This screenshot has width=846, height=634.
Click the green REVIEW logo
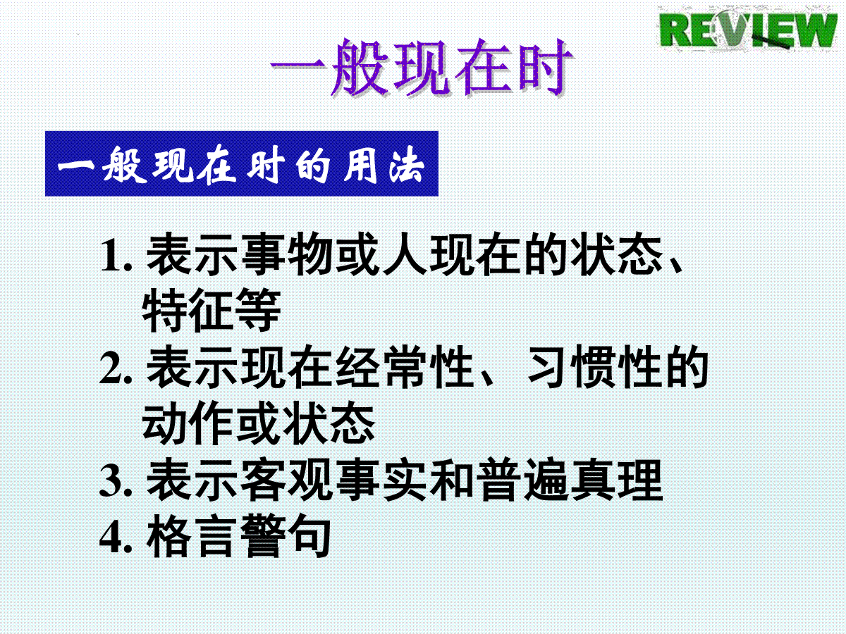(x=748, y=30)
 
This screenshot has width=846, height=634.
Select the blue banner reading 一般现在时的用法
(x=242, y=163)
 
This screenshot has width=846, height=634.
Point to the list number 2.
(x=116, y=368)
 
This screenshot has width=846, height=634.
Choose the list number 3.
(x=116, y=481)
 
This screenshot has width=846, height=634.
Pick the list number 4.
(x=116, y=537)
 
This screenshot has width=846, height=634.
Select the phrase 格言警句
(x=238, y=536)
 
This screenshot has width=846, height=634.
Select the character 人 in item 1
(x=405, y=254)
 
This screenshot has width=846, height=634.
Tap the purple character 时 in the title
(x=544, y=68)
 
